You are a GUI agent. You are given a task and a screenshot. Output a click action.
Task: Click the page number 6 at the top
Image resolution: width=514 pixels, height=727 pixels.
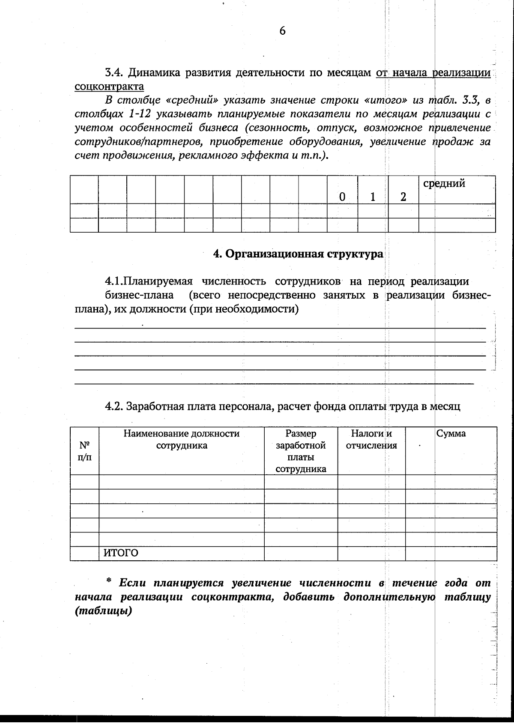point(282,31)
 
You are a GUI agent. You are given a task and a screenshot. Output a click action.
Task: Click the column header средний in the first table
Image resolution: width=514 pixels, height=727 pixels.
point(444,184)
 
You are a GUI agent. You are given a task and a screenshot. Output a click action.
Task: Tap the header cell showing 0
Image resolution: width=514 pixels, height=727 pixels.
point(342,197)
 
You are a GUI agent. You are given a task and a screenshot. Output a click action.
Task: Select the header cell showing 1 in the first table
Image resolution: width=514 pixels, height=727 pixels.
point(373,197)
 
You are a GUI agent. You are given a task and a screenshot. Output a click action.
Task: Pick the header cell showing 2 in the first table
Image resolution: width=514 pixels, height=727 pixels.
point(403,197)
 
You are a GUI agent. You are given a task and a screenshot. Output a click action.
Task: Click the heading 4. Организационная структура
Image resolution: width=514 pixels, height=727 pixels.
point(298,254)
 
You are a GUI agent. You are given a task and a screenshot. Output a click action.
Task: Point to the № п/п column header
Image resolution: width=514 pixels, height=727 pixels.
point(84,451)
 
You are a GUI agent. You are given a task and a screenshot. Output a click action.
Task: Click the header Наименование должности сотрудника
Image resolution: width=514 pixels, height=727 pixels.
point(181,439)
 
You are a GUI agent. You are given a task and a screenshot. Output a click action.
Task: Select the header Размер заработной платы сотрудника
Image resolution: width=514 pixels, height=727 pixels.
point(301,451)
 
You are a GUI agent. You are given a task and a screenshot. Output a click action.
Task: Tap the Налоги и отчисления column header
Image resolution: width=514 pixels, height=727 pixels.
point(371,439)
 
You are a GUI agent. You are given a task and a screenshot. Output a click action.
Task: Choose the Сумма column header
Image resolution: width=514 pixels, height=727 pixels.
point(451,433)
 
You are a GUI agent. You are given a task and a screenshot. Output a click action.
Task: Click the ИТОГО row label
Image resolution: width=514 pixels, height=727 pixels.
point(121,553)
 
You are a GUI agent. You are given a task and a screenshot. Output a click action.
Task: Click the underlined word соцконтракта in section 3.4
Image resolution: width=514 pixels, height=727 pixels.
point(109,87)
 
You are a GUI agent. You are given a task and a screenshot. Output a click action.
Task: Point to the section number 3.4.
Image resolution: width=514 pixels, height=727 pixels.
point(114,72)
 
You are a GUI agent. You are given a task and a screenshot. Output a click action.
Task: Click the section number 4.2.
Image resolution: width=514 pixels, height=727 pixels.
point(114,406)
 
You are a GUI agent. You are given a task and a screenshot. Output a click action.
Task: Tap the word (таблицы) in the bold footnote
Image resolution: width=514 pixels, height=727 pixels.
point(103,610)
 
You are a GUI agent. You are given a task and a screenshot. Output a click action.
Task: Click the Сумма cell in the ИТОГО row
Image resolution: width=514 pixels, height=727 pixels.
point(451,553)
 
